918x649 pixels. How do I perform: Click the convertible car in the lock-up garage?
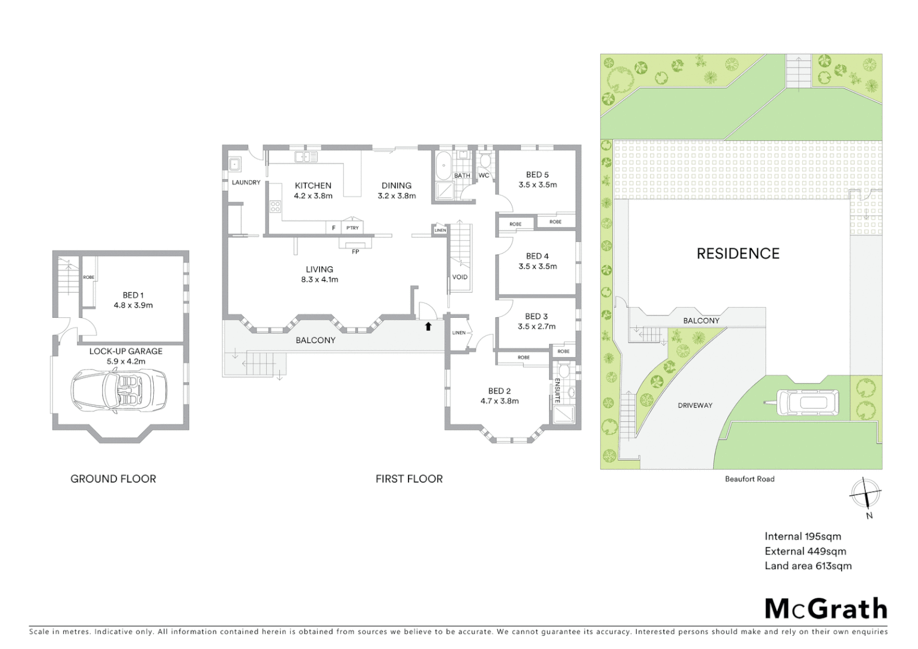coord(119,390)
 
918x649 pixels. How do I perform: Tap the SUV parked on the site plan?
coord(808,403)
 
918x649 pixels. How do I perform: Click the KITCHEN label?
coord(313,186)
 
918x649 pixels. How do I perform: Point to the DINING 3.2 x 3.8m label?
coord(397,190)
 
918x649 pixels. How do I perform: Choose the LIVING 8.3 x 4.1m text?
coord(319,274)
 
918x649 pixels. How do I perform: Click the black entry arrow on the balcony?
coord(428,326)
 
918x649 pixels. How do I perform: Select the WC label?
coord(484,175)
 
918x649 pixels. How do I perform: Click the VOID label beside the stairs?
coord(460,277)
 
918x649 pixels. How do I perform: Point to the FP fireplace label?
coord(355,252)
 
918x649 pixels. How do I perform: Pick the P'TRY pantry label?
coord(353,228)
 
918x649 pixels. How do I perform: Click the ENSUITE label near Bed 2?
coord(558,390)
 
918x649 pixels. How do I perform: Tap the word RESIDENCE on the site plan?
coord(738,254)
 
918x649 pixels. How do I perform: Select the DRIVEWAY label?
coord(695,406)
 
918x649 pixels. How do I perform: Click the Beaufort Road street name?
coord(749,479)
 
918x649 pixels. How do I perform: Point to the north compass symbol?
coord(865,495)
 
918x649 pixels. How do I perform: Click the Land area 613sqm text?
coord(807,565)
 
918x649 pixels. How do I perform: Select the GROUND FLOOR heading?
coord(113,479)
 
